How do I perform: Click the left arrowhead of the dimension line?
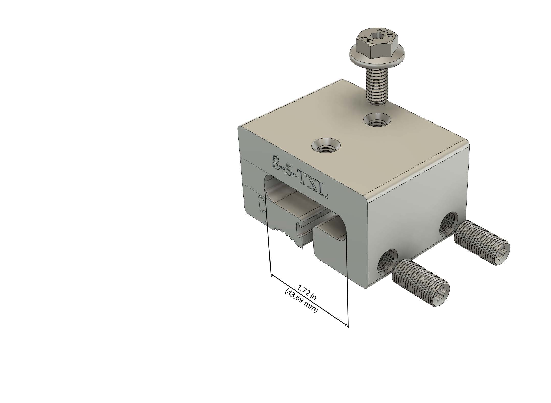tap(273, 276)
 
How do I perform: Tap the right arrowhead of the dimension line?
tap(346, 325)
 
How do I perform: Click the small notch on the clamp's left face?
tap(262, 205)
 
